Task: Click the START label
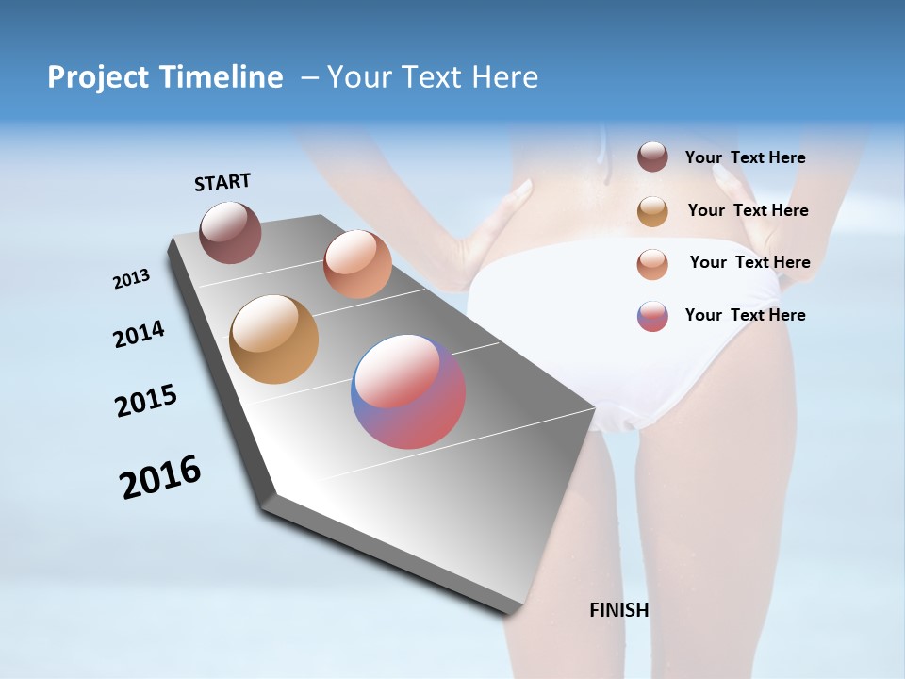[222, 182]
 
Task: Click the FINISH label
[619, 610]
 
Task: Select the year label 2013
[132, 279]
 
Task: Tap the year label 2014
[140, 335]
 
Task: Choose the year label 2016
[160, 478]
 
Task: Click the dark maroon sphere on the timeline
[230, 232]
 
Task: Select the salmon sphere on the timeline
[357, 264]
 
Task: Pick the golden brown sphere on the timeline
[274, 339]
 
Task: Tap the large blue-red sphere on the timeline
[408, 391]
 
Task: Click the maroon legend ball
[652, 157]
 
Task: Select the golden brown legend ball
[652, 211]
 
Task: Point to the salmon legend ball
[652, 264]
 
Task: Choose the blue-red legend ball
[652, 316]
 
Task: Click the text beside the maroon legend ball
[745, 157]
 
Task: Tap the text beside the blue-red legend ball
[745, 315]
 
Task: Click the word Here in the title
[505, 77]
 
